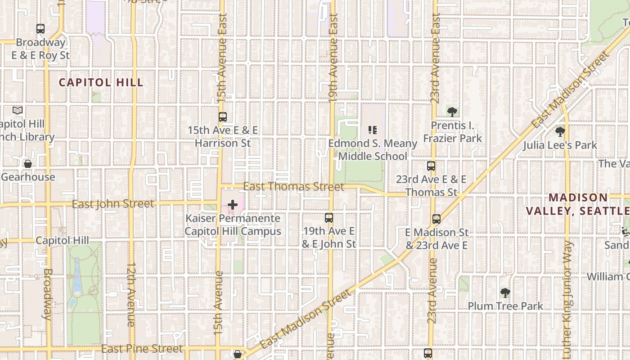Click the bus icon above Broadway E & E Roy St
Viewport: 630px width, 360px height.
pyautogui.click(x=40, y=29)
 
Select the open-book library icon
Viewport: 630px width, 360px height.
pyautogui.click(x=18, y=111)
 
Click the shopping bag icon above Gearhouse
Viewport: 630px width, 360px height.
pyautogui.click(x=28, y=164)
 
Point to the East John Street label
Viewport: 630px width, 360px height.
pyautogui.click(x=113, y=204)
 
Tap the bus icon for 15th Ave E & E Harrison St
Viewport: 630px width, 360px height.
pyautogui.click(x=222, y=117)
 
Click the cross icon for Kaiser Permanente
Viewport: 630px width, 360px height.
pyautogui.click(x=232, y=205)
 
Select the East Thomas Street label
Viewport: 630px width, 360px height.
pyautogui.click(x=293, y=186)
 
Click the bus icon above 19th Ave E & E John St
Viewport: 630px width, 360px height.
pyautogui.click(x=329, y=218)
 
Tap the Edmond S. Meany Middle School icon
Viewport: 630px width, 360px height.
pyautogui.click(x=372, y=130)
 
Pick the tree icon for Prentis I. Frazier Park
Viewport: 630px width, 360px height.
pyautogui.click(x=452, y=112)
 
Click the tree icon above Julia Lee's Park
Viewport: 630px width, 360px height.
pyautogui.click(x=560, y=132)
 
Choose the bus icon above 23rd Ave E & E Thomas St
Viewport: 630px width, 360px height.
pyautogui.click(x=431, y=166)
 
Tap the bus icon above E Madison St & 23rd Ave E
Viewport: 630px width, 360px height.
pyautogui.click(x=436, y=219)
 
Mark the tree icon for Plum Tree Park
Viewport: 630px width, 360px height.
pyautogui.click(x=505, y=293)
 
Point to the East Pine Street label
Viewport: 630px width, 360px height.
pyautogui.click(x=142, y=349)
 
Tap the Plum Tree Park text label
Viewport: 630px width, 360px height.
pyautogui.click(x=505, y=306)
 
